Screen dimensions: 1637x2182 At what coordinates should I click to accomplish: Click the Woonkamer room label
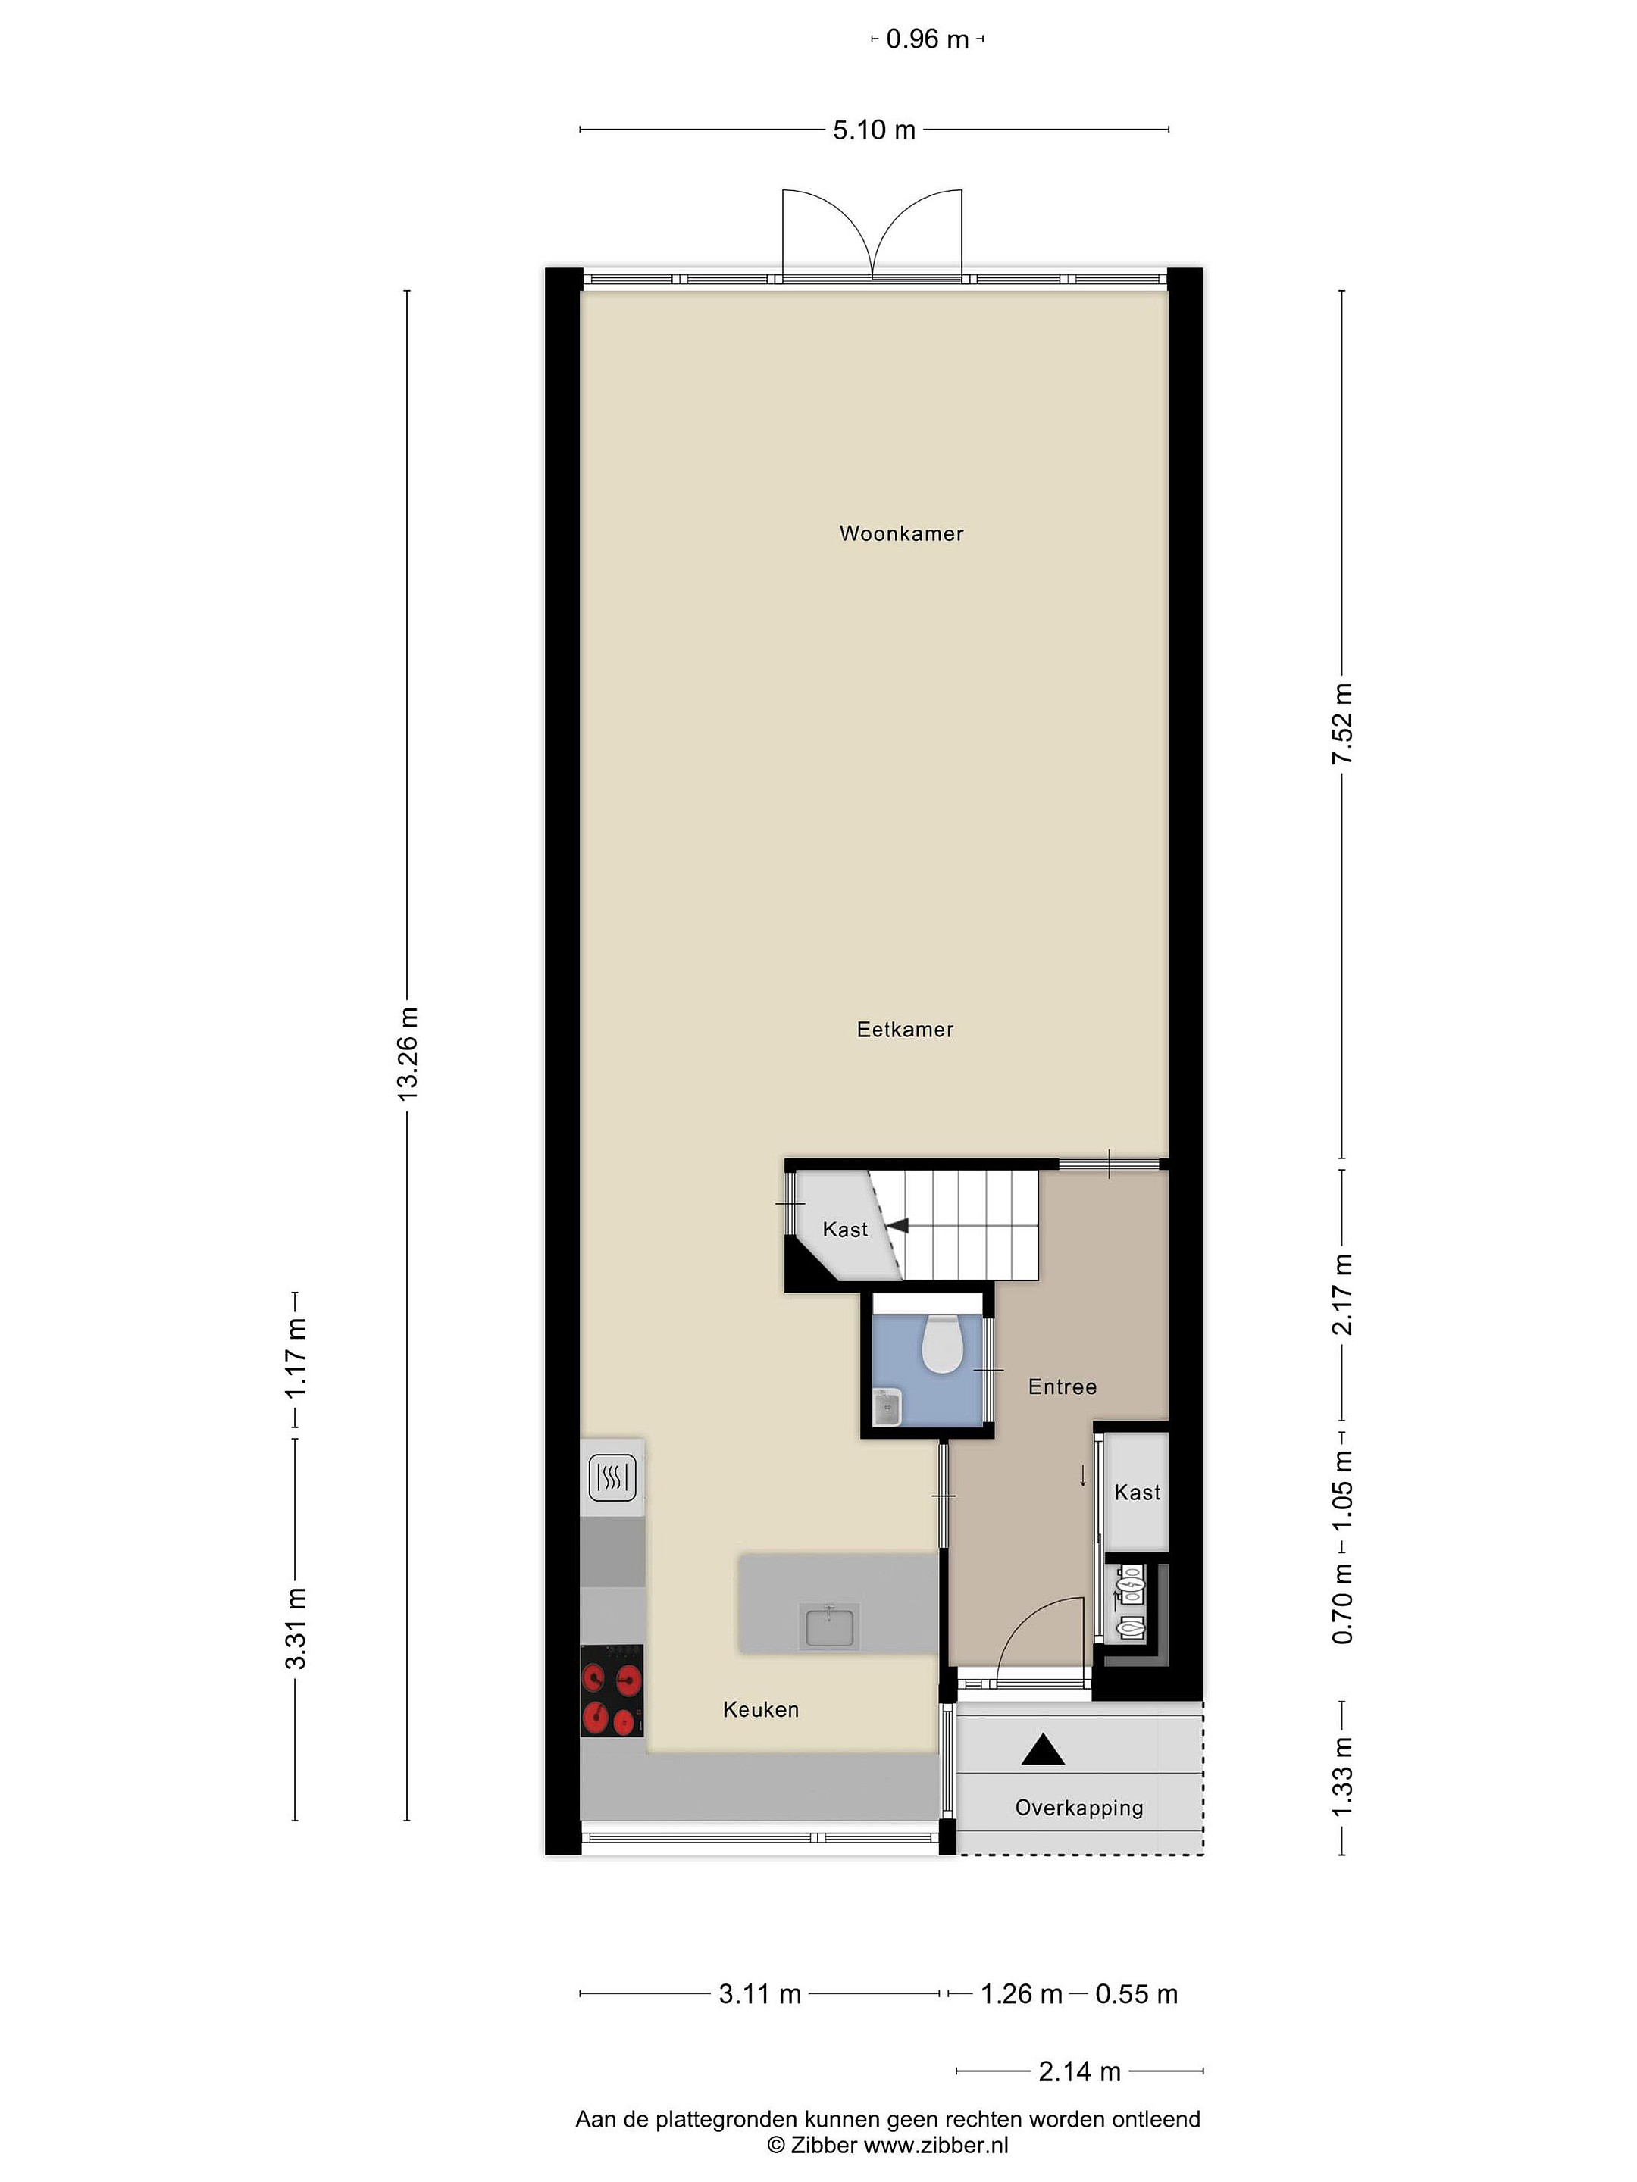[x=901, y=533]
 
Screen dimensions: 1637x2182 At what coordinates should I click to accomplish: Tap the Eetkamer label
[x=905, y=1030]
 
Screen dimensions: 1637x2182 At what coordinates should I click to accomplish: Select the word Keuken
[x=761, y=1709]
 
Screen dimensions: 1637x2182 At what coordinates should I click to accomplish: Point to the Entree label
[x=1062, y=1387]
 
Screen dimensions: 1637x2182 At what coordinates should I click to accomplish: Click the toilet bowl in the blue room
[x=941, y=1346]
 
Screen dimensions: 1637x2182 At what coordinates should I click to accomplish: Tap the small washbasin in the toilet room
[x=887, y=1407]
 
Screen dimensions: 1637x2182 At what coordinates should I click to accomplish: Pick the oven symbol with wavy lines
[x=612, y=1477]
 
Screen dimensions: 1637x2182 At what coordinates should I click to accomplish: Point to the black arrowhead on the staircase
[x=897, y=1226]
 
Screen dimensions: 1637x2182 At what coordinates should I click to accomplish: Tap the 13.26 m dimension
[x=406, y=1055]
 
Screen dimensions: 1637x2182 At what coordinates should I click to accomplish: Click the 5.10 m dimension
[x=875, y=130]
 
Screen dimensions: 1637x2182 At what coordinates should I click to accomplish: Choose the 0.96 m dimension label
[x=928, y=39]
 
